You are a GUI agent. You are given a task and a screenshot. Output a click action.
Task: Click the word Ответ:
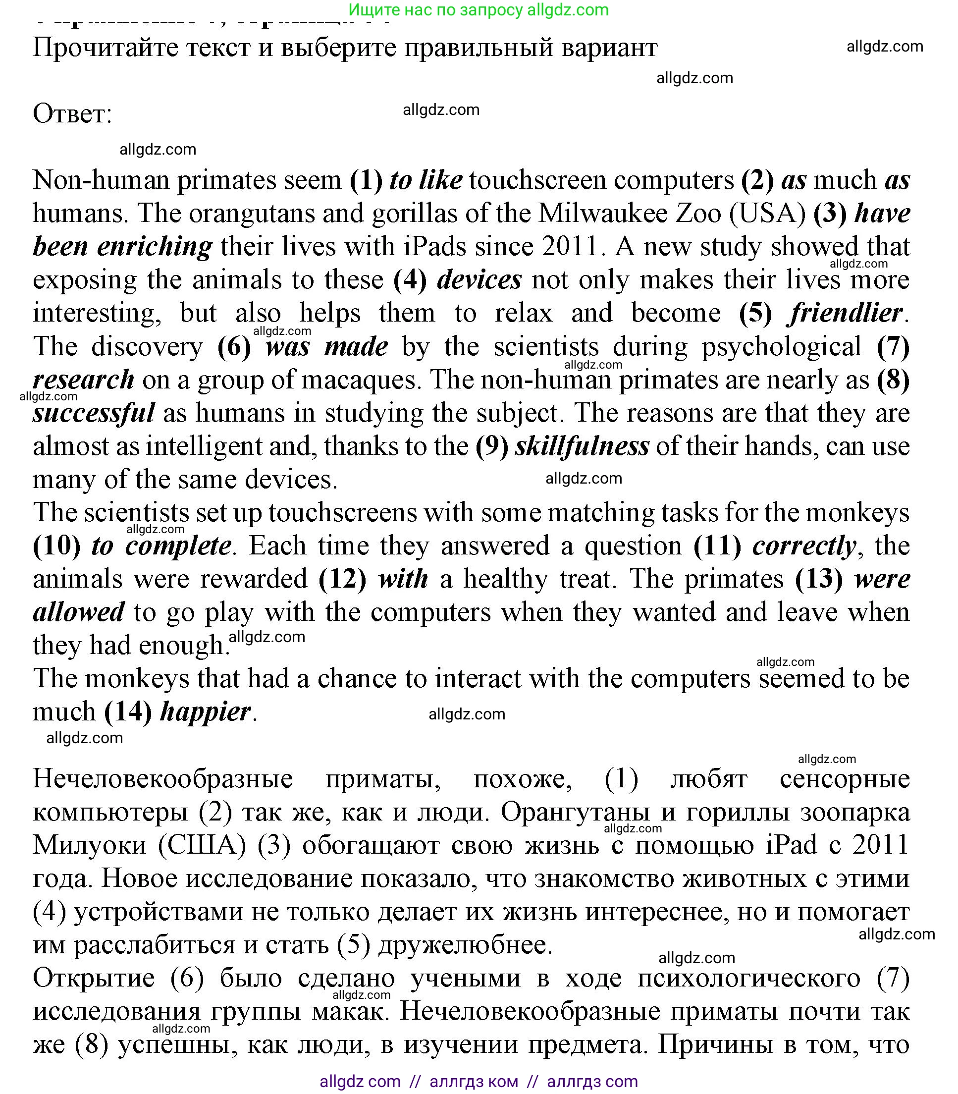click(73, 114)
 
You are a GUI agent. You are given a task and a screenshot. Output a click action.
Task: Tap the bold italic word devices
click(479, 279)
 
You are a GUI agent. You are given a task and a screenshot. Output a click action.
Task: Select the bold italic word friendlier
click(846, 313)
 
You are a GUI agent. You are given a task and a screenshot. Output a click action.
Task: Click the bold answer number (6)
click(234, 346)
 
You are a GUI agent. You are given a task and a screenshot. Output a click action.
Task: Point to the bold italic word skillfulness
click(582, 446)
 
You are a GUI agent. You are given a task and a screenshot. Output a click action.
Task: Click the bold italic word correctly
click(804, 546)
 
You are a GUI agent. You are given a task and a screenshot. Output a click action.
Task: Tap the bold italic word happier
click(205, 711)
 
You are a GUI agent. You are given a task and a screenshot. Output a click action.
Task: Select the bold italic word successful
click(94, 413)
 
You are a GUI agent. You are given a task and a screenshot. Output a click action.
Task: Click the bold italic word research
click(83, 380)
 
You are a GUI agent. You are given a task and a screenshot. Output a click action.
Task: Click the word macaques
click(358, 380)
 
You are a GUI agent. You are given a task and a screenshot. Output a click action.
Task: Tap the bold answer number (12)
click(342, 579)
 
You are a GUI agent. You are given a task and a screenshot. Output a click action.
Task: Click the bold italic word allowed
click(79, 612)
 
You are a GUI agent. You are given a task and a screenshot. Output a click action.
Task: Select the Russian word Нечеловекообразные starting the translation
click(162, 779)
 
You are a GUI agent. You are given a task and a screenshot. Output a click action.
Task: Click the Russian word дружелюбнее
click(465, 945)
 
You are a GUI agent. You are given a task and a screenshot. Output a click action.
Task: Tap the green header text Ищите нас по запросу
click(436, 9)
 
